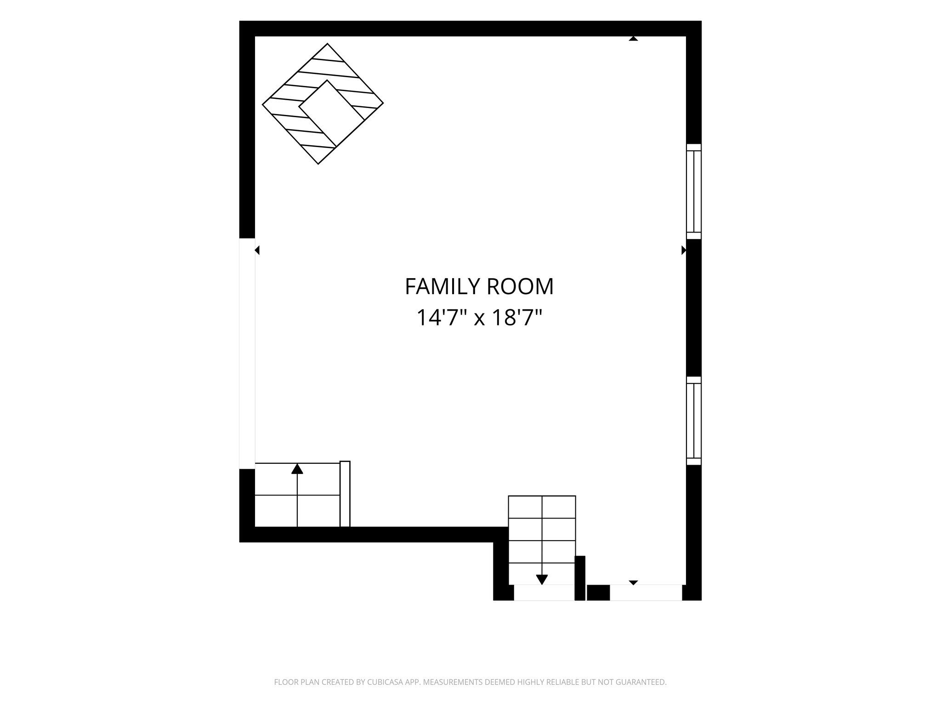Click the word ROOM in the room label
pos(520,287)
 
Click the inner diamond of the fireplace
pos(332,114)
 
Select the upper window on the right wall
pos(694,192)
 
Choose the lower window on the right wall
pos(694,421)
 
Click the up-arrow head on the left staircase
pos(297,469)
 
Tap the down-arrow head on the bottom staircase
pos(542,580)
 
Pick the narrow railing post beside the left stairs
pos(345,494)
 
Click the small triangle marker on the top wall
pos(634,39)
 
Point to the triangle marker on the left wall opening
pos(257,250)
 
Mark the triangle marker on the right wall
pos(684,250)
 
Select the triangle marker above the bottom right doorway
pos(634,582)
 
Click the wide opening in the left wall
pos(247,353)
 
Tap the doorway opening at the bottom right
pos(646,592)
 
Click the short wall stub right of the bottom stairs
pos(580,578)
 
